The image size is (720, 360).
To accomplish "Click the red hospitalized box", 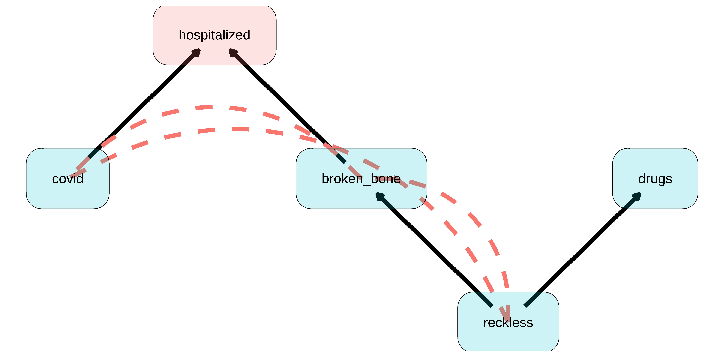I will [x=214, y=20].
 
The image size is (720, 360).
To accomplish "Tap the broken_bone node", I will [x=335, y=196].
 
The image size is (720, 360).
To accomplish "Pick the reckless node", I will [x=508, y=338].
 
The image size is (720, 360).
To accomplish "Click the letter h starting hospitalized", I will [x=182, y=35].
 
